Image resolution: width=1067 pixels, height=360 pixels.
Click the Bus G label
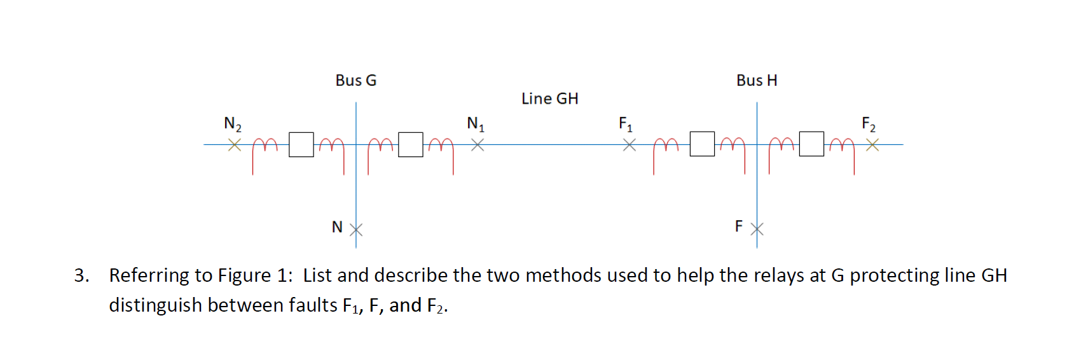pos(355,81)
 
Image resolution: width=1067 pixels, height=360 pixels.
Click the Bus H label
pos(757,81)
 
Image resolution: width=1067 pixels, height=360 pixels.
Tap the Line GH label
pos(549,99)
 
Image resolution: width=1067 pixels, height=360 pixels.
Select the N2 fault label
pos(232,123)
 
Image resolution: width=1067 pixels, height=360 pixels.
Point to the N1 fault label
pos(475,123)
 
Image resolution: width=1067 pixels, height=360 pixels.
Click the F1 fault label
pos(625,123)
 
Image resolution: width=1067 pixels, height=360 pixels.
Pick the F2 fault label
pos(868,123)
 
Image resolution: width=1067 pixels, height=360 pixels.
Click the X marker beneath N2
pos(235,145)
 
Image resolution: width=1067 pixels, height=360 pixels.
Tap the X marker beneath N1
pos(478,145)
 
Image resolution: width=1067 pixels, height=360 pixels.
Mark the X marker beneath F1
pos(629,145)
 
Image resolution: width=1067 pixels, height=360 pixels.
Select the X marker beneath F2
pos(872,145)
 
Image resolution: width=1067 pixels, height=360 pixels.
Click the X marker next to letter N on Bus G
pos(356,230)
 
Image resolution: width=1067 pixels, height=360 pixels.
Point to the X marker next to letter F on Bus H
pos(757,229)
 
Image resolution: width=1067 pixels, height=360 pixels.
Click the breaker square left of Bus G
pos(301,144)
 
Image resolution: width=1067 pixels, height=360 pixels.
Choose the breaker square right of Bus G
pos(411,144)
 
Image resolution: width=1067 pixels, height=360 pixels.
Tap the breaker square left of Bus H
pos(702,144)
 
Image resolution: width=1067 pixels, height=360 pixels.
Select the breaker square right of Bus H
pos(811,144)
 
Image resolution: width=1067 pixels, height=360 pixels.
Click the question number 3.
pos(81,275)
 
